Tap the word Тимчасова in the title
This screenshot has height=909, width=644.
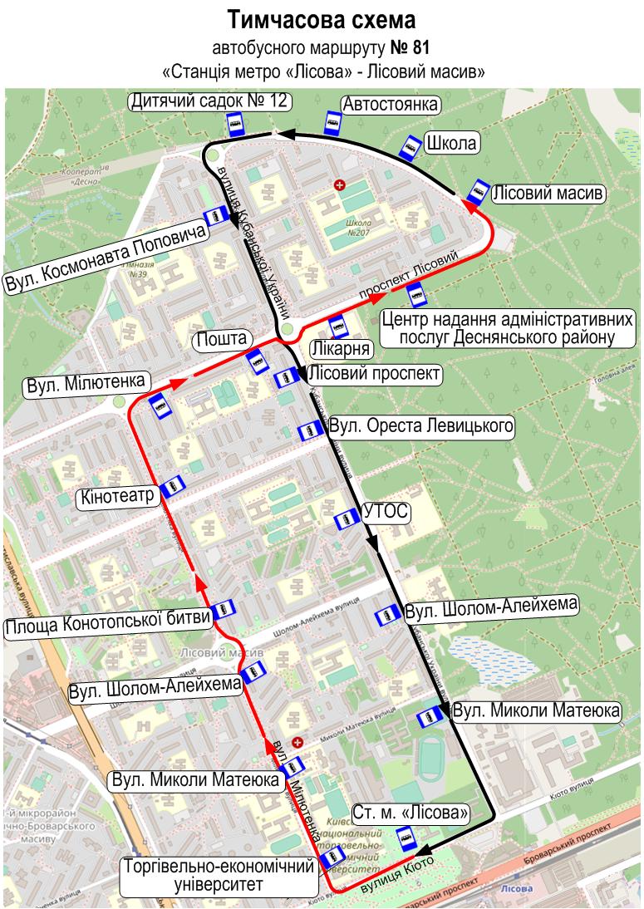(276, 17)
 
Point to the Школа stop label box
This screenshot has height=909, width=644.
(452, 143)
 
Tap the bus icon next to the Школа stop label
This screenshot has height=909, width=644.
(409, 148)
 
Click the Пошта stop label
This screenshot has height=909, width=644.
(222, 339)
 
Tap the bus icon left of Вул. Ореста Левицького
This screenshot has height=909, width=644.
(309, 431)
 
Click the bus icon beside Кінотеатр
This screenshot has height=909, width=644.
(172, 487)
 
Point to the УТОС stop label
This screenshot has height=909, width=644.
(386, 512)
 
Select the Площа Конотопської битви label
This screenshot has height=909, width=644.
(106, 625)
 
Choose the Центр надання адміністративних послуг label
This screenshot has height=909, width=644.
(507, 329)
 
